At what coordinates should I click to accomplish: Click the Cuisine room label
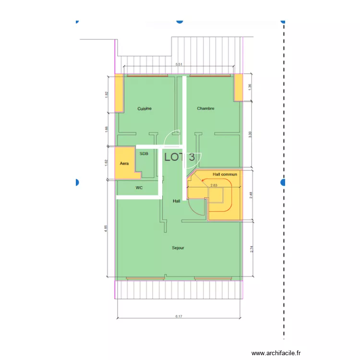144,108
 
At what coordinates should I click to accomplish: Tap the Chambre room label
205,108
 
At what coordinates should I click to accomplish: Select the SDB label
144,154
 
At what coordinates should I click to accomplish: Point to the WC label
139,188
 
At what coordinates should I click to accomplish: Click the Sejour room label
178,248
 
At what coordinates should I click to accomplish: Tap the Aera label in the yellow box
124,164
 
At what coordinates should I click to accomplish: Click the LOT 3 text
180,157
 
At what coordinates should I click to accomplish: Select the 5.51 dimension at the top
179,64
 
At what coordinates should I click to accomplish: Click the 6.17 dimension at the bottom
179,317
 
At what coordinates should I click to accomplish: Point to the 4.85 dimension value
107,228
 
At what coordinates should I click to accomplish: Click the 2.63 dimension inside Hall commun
214,185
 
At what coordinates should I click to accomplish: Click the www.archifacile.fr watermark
276,353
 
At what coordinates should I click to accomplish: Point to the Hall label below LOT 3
176,201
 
